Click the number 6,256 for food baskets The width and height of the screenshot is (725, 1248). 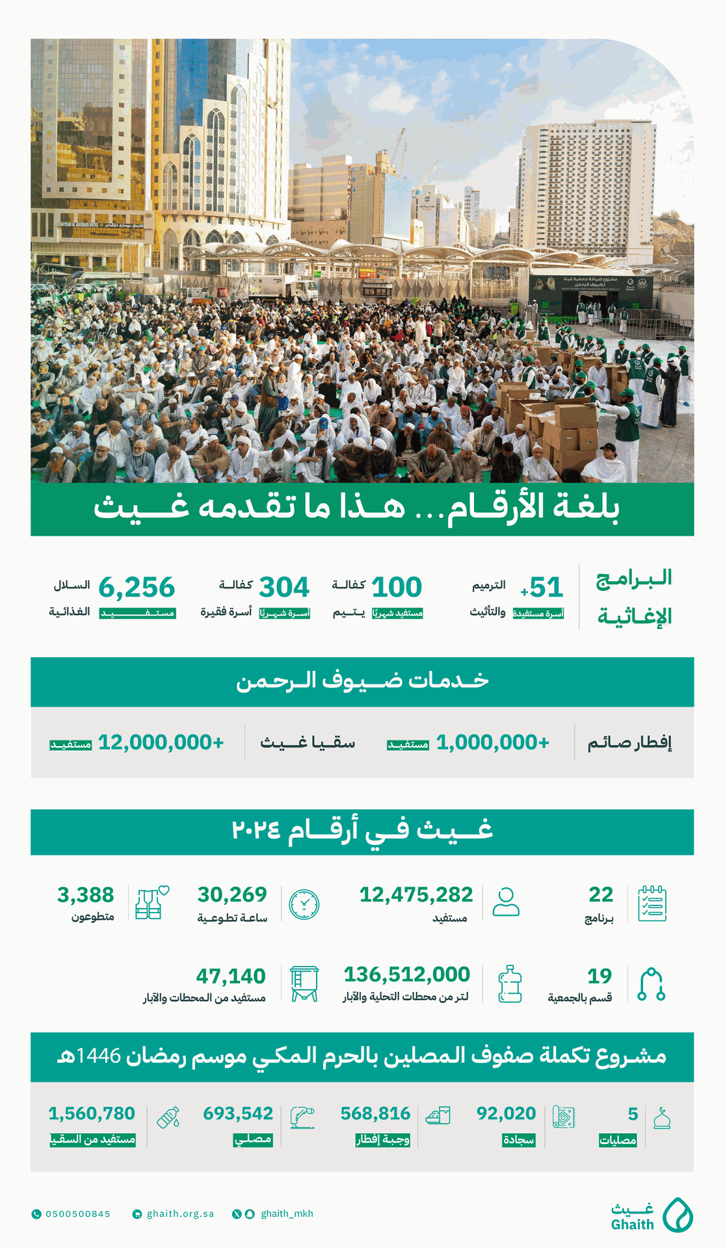[137, 588]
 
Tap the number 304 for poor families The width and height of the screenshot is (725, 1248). [284, 588]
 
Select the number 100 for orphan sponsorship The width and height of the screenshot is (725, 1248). [397, 588]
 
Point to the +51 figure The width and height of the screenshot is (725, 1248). [542, 588]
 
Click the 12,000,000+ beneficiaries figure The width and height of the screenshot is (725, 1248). [161, 742]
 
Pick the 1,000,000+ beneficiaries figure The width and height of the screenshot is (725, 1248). [493, 742]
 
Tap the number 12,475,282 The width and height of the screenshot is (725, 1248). [416, 895]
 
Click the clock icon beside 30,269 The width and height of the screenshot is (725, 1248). [304, 904]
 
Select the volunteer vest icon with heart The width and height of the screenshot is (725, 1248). [152, 903]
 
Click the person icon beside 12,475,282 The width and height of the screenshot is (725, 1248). [506, 902]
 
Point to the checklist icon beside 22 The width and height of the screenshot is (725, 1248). [652, 903]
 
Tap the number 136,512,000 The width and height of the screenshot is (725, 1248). [407, 974]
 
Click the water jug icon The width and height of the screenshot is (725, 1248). [510, 984]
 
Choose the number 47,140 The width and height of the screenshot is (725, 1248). [231, 976]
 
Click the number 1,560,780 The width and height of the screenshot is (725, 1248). [92, 1114]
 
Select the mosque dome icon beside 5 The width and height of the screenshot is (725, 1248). [662, 1118]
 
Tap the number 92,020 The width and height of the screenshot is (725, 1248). [507, 1114]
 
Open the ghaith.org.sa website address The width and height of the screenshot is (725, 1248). [180, 1214]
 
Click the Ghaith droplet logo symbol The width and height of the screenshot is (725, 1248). [678, 1215]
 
